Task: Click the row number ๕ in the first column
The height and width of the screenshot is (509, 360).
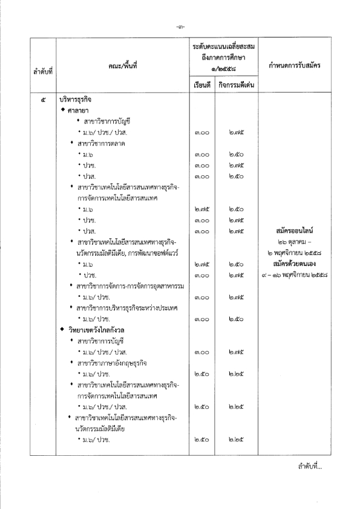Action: [42, 97]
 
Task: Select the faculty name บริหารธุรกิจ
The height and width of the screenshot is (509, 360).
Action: [76, 98]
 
